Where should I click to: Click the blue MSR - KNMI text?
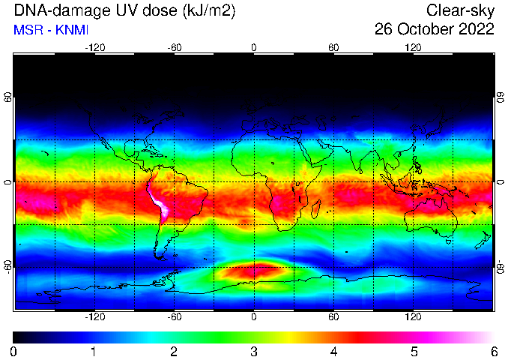point(51,30)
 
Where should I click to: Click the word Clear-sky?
point(460,10)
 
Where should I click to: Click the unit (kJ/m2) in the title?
point(208,11)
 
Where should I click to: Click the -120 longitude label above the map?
point(95,48)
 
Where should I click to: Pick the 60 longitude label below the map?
point(333,316)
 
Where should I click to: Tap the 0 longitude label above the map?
point(254,48)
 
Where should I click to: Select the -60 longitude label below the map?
point(175,316)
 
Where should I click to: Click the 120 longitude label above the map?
point(413,48)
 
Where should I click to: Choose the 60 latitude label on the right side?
point(501,97)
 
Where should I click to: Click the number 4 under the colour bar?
point(333,352)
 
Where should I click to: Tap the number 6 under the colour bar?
point(494,352)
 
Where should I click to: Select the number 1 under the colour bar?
point(94,352)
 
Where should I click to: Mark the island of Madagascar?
point(316,208)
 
